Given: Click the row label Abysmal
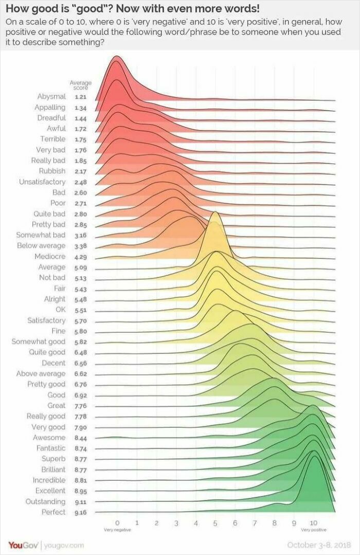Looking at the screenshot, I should pos(51,97).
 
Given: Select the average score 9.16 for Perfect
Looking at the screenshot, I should pos(80,512).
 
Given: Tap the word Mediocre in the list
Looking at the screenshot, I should pos(50,257).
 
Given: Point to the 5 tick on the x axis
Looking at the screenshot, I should pos(215,523).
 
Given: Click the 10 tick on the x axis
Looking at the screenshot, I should pos(313,523).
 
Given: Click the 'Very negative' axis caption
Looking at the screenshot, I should pos(117,529).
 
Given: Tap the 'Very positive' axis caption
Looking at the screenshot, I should pos(313,529).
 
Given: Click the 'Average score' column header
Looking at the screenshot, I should pos(80,85).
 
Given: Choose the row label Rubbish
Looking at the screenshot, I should pos(52,171).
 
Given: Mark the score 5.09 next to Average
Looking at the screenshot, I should pos(80,267).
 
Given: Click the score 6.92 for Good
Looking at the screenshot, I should pos(80,395).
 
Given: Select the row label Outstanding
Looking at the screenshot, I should pos(46,502).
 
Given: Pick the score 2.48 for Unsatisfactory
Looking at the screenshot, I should pos(80,182).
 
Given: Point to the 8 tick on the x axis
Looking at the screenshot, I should pos(274,523).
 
